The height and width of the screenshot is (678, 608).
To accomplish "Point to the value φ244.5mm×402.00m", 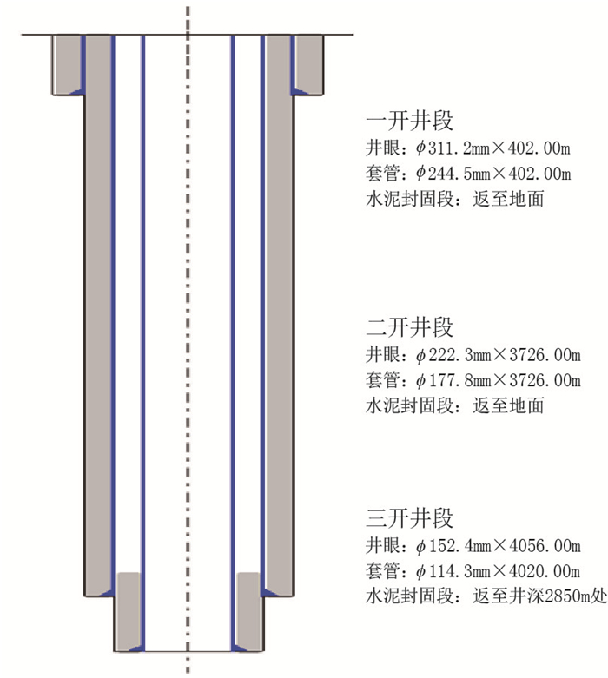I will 493,173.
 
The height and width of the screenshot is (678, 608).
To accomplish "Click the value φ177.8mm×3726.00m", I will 499,381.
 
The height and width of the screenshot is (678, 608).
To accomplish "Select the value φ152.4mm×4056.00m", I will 499,547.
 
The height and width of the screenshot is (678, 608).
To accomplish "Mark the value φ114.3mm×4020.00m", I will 499,572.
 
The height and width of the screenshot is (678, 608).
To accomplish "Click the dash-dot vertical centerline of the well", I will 187,347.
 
